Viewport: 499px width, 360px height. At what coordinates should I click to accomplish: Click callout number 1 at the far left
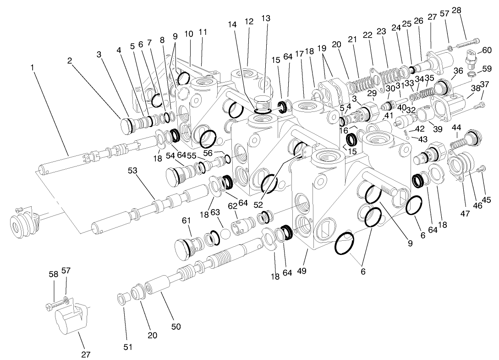[33, 67]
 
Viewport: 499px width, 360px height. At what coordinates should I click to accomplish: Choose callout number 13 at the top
[266, 18]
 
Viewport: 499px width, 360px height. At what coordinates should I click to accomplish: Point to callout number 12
[249, 22]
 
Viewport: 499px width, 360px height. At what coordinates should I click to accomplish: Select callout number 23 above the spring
[382, 32]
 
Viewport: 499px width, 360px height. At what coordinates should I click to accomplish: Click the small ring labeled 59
[472, 74]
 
